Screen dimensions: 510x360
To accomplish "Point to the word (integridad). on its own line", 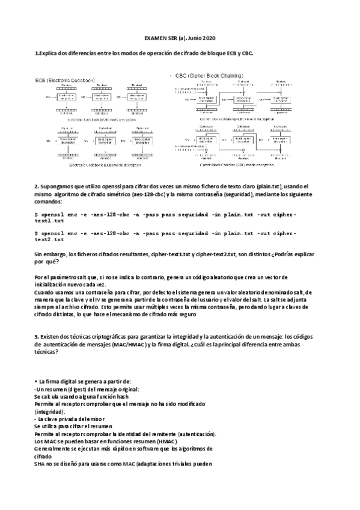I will [52, 412].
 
